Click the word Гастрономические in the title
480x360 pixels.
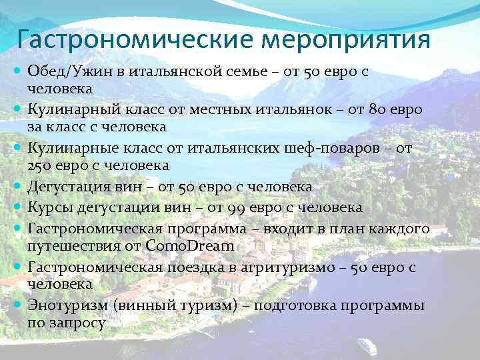pos(134,39)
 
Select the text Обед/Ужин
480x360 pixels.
pos(61,71)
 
